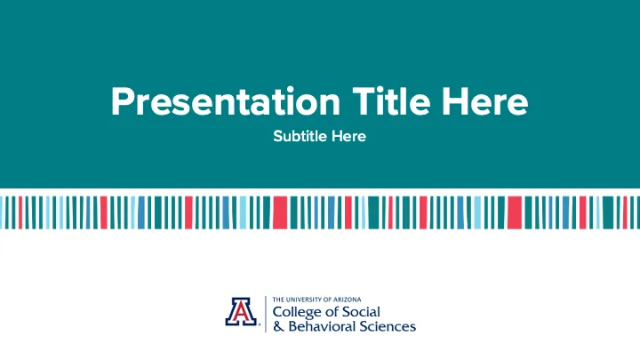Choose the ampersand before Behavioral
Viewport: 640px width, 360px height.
[278, 326]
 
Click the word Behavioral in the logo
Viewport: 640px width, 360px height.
[322, 326]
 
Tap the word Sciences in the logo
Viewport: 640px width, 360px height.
[388, 326]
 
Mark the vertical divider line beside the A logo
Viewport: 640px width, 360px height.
[265, 312]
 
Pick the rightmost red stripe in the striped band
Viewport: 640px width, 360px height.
[627, 212]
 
